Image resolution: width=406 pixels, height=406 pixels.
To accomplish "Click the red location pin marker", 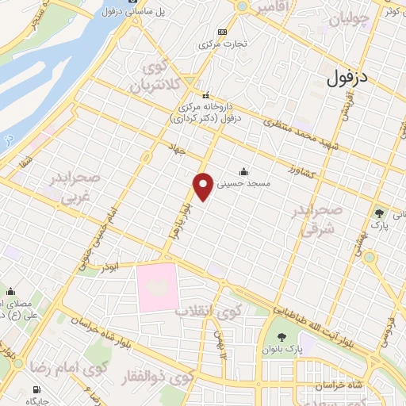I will [x=205, y=186].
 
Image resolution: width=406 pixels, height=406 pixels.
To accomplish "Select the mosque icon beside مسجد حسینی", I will [x=243, y=170].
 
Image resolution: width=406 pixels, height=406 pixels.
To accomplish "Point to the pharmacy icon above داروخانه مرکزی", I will [x=206, y=95].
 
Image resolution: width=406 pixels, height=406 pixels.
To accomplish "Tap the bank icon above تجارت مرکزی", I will [x=222, y=32].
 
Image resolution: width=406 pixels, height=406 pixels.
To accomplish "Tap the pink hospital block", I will [x=159, y=286].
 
